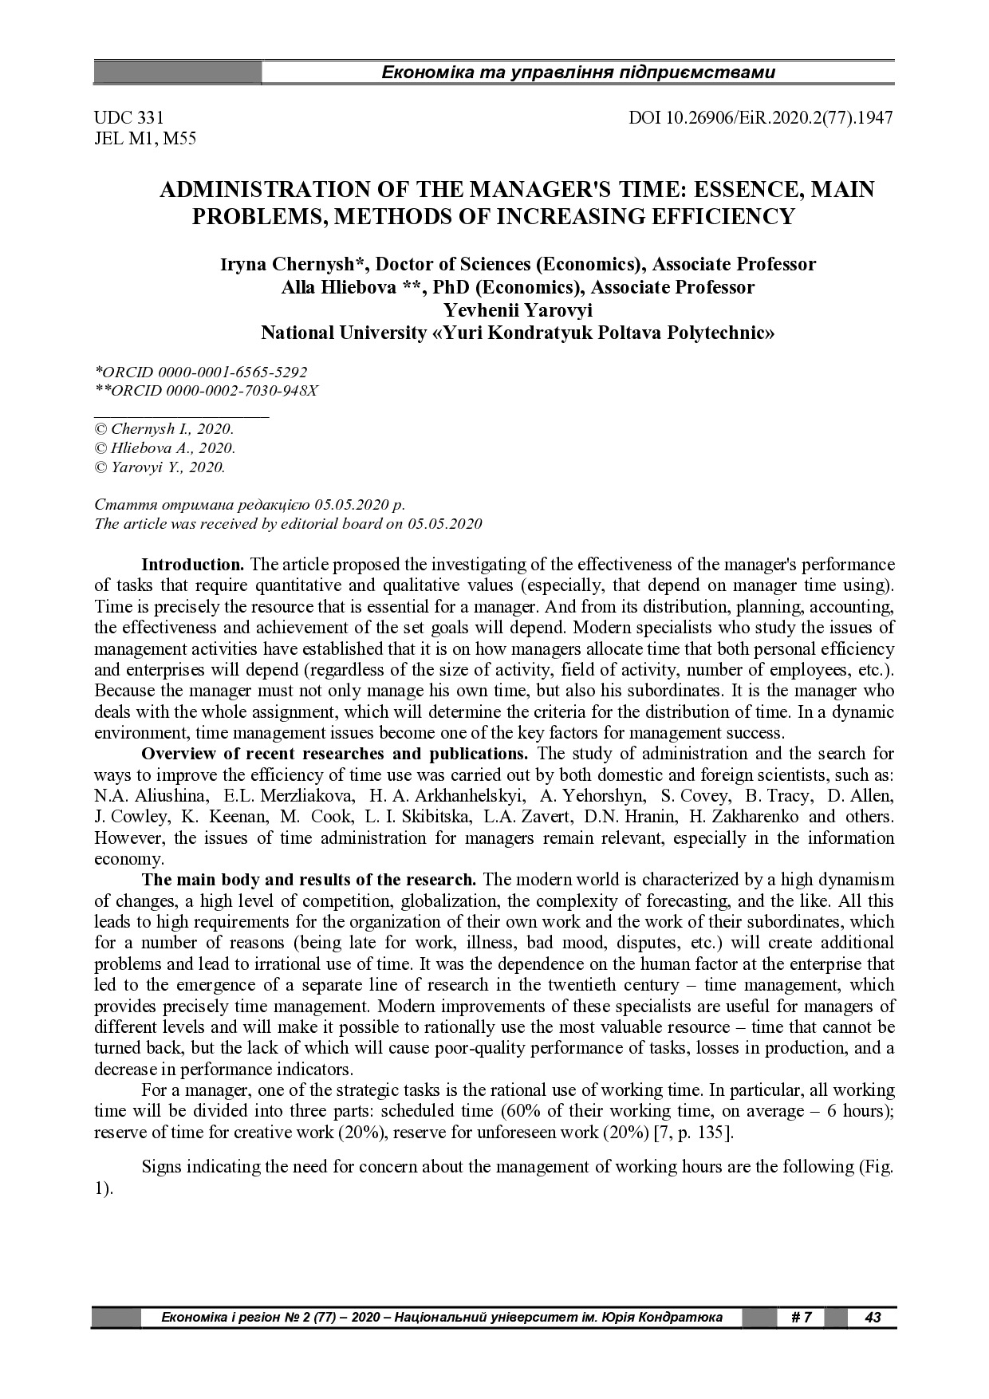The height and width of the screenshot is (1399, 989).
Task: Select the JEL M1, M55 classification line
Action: (145, 140)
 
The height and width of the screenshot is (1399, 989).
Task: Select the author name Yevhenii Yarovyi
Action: (518, 310)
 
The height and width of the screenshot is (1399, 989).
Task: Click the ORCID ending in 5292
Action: (201, 372)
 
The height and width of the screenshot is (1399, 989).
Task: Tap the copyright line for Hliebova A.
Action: (165, 448)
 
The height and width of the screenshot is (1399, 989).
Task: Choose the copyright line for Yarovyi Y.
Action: (160, 467)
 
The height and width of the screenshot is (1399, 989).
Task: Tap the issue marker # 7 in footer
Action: (801, 1317)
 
